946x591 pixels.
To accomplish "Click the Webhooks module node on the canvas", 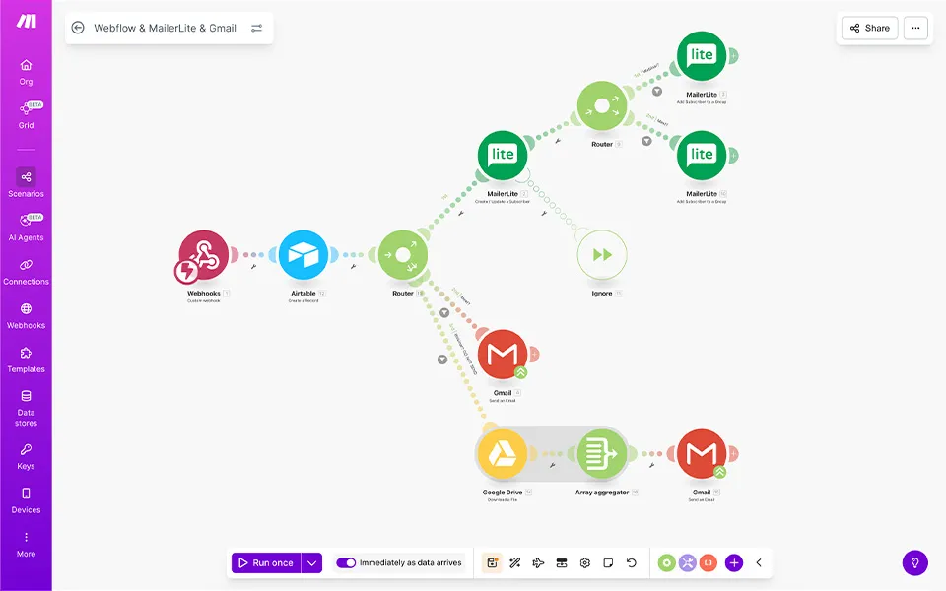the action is pyautogui.click(x=204, y=256).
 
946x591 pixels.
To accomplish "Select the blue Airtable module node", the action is pyautogui.click(x=304, y=256).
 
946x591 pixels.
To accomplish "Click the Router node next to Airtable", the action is pyautogui.click(x=403, y=256).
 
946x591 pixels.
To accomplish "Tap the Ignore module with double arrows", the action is pyautogui.click(x=602, y=255).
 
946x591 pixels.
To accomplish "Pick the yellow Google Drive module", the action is pyautogui.click(x=503, y=454).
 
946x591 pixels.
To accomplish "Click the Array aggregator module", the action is pyautogui.click(x=602, y=454).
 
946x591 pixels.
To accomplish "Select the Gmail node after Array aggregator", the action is pyautogui.click(x=702, y=454).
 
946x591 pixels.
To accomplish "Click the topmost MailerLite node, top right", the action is pyautogui.click(x=702, y=56).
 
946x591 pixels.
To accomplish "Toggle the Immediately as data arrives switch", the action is pyautogui.click(x=346, y=563).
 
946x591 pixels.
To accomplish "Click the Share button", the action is pyautogui.click(x=869, y=29).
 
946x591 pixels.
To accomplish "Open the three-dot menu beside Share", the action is pyautogui.click(x=915, y=29).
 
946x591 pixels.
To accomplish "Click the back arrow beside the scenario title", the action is pyautogui.click(x=78, y=28).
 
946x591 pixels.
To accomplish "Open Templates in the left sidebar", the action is pyautogui.click(x=26, y=359).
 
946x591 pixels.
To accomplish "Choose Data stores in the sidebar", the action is pyautogui.click(x=26, y=408).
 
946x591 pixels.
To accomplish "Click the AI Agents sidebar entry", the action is pyautogui.click(x=26, y=227).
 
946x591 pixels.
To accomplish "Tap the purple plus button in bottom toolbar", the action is pyautogui.click(x=734, y=563).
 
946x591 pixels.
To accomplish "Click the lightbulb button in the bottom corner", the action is pyautogui.click(x=915, y=563).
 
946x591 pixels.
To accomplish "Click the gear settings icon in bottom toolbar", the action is pyautogui.click(x=585, y=563).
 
